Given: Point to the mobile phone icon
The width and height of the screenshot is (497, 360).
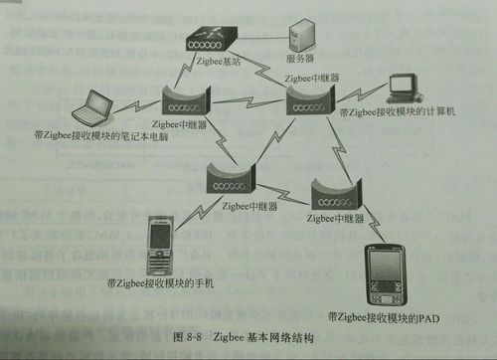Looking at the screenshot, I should click(x=159, y=245).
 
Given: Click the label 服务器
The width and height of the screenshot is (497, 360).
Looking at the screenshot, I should click(x=301, y=59).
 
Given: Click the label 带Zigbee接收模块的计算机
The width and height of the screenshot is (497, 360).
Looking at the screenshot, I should click(x=397, y=113).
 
